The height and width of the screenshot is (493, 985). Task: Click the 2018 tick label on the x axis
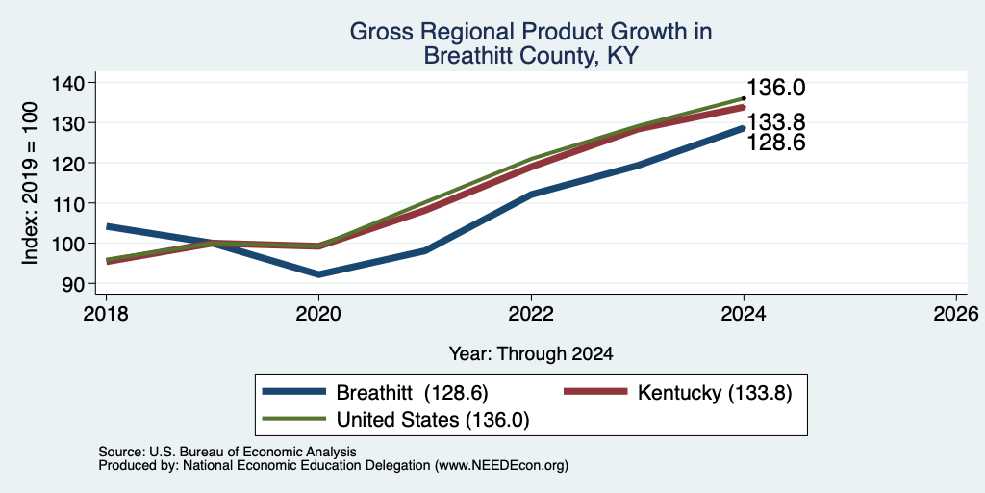point(106,314)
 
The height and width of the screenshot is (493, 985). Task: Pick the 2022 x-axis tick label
point(531,314)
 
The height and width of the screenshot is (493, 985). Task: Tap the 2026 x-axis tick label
point(956,314)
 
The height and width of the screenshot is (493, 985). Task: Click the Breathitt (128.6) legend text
point(412,393)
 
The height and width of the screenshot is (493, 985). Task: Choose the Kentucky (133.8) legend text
point(715,393)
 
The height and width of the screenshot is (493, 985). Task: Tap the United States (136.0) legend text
point(433,420)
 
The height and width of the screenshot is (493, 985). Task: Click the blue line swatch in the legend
point(294,392)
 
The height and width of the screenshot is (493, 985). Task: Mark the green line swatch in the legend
point(294,419)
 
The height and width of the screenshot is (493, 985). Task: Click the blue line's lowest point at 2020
point(319,274)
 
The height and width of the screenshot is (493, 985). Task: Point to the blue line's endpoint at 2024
point(744,128)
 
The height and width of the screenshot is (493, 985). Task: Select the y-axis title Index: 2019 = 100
point(30,183)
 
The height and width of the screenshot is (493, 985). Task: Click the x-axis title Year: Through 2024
point(531,354)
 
